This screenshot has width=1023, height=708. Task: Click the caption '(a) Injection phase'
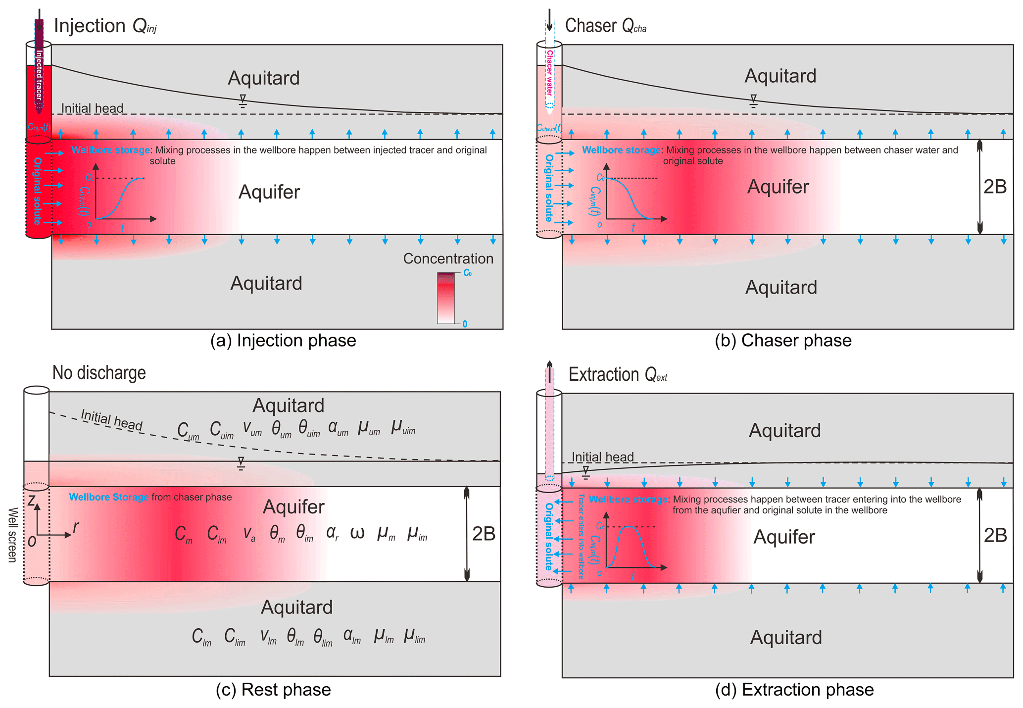[x=283, y=341]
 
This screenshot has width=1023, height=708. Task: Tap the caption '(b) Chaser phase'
[x=783, y=341]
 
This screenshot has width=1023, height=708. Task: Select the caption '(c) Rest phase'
[x=273, y=690]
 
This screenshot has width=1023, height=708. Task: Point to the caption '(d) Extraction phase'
[x=794, y=690]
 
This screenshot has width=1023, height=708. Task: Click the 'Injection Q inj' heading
[x=105, y=26]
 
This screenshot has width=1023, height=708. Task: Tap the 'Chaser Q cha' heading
[x=605, y=26]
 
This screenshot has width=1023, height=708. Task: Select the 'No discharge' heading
[x=99, y=373]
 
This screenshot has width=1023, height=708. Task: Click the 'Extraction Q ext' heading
[x=618, y=375]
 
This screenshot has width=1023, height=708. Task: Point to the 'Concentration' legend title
[x=448, y=258]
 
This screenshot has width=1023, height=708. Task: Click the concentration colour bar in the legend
[x=445, y=298]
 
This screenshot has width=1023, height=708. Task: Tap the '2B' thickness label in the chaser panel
[x=995, y=187]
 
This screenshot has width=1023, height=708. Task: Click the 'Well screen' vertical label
[x=12, y=535]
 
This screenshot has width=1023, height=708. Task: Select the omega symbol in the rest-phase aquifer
[x=357, y=533]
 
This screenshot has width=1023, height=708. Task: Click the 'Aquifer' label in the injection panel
[x=269, y=192]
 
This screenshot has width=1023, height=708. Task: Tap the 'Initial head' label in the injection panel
[x=92, y=108]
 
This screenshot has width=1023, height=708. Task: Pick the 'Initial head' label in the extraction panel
[x=602, y=456]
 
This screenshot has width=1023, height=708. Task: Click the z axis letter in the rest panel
[x=32, y=501]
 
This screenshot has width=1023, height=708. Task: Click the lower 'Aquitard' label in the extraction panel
[x=786, y=637]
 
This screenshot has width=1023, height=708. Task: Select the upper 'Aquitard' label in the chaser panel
[x=780, y=76]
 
